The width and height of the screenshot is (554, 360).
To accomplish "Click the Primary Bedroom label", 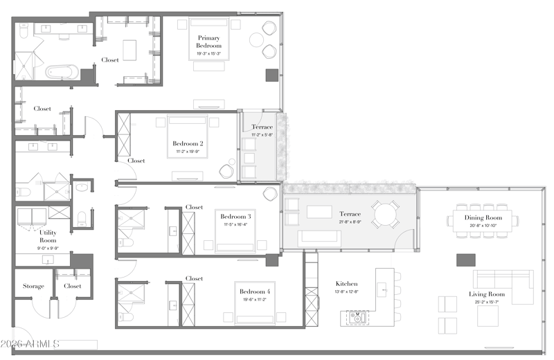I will (x=208, y=42).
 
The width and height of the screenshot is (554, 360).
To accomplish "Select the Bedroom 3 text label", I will (x=235, y=217).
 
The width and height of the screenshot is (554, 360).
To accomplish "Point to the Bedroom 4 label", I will (x=254, y=291).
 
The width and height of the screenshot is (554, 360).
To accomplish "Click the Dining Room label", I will (x=483, y=217).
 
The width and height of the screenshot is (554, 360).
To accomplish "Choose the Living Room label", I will (x=487, y=294).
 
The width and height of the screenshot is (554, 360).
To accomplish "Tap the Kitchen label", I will (x=346, y=284).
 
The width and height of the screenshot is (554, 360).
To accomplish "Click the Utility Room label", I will (x=48, y=236).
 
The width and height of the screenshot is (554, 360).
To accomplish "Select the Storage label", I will (x=33, y=286).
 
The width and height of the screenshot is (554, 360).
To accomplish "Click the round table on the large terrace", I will (x=384, y=214).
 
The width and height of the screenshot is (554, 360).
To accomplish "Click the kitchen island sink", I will (x=358, y=318).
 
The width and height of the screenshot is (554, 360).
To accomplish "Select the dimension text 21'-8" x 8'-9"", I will (x=350, y=222).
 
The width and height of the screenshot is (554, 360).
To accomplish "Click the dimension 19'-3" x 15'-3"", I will (x=208, y=53).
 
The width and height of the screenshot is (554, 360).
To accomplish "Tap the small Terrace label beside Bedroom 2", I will (x=262, y=127).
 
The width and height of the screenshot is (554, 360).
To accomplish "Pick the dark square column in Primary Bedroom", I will (x=270, y=75).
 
